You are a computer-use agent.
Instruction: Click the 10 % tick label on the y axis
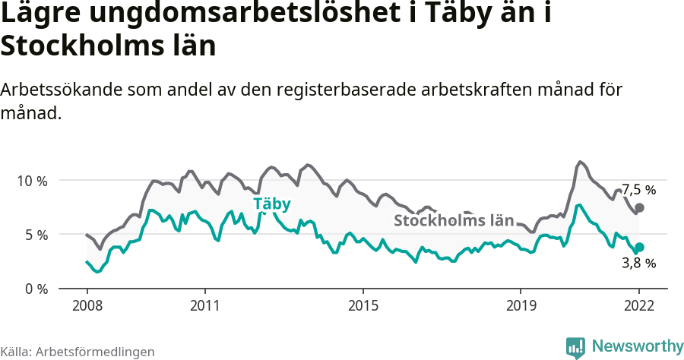pos(32,181)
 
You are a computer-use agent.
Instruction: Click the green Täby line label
pos(272,204)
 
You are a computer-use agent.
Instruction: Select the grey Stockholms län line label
pos(454,221)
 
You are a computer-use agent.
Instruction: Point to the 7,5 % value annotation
pos(638,190)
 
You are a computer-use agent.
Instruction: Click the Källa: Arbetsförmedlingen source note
pos(78,352)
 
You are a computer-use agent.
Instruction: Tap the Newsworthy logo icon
pos(575,347)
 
